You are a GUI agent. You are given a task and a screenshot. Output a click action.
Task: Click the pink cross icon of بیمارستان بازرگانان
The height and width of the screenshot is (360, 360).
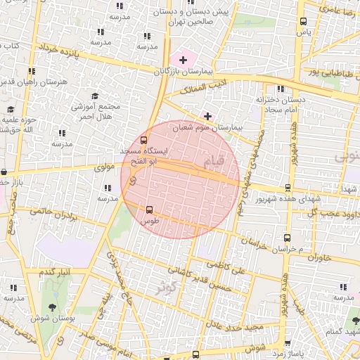pyautogui.click(x=184, y=60)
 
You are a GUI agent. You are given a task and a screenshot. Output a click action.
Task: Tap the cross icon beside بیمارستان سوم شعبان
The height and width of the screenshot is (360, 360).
pyautogui.click(x=207, y=115)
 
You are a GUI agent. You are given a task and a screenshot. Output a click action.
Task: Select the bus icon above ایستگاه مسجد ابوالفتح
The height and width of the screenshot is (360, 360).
pyautogui.click(x=144, y=139)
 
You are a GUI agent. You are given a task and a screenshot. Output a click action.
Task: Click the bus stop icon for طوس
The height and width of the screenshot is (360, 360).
pyautogui.click(x=149, y=209)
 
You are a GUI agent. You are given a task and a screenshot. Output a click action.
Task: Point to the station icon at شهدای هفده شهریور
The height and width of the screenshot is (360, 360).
pyautogui.click(x=288, y=188)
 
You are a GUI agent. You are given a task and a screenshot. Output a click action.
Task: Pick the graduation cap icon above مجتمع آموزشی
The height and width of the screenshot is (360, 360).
pyautogui.click(x=95, y=96)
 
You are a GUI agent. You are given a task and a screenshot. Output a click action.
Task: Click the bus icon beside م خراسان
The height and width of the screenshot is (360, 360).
pyautogui.click(x=286, y=238)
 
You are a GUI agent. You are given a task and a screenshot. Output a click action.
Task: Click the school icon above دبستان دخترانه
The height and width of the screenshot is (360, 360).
pyautogui.click(x=281, y=89)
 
